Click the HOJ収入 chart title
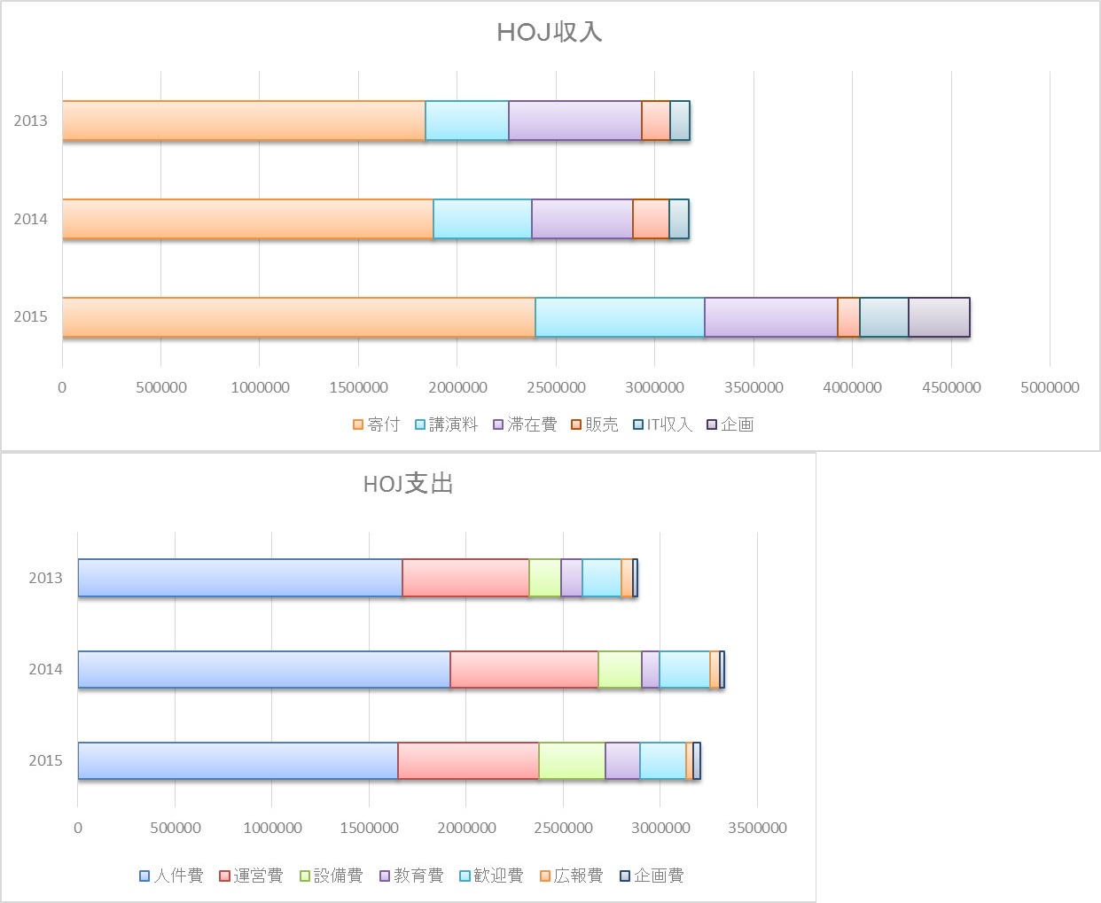(550, 33)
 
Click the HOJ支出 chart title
(408, 484)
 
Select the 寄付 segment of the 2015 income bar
(298, 317)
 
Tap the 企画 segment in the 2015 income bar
(939, 317)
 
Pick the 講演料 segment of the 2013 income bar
(466, 121)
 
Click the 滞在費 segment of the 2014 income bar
(582, 219)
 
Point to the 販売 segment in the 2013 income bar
(655, 121)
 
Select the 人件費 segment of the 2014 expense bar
(263, 669)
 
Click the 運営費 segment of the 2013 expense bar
(465, 578)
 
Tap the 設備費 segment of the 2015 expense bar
(572, 760)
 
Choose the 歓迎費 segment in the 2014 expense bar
(684, 669)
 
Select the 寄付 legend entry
(377, 424)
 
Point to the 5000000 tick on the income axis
(1050, 387)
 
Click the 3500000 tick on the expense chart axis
(756, 828)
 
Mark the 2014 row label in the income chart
(30, 219)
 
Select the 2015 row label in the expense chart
(45, 760)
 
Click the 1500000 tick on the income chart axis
(358, 387)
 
